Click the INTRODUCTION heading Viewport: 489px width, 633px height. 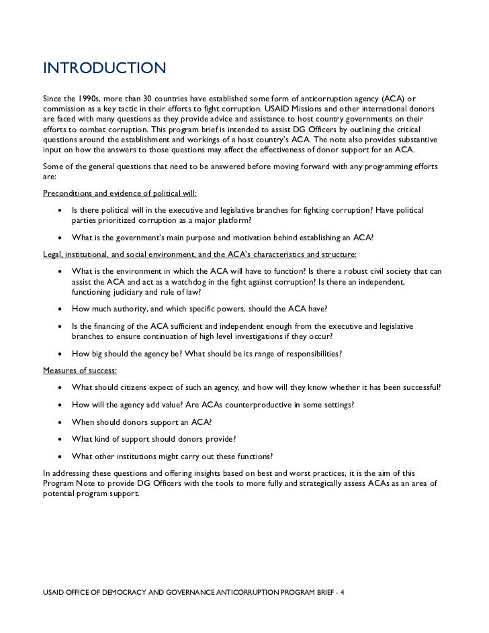click(104, 69)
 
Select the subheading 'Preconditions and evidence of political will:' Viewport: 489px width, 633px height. click(119, 193)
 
